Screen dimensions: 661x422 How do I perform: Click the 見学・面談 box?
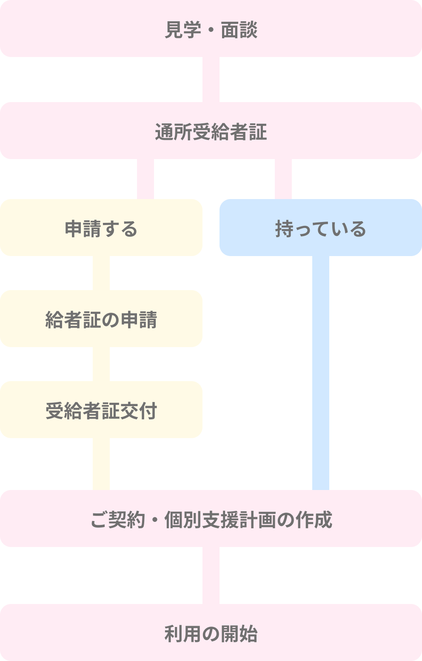211,28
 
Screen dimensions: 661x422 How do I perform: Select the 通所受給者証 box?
211,131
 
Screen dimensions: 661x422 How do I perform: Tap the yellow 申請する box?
101,228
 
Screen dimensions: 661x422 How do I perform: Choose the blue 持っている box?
321,228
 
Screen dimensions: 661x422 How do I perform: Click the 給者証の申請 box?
101,319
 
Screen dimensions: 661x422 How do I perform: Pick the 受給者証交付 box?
101,410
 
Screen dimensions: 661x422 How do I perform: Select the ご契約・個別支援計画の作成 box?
211,519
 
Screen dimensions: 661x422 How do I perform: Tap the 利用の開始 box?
211,633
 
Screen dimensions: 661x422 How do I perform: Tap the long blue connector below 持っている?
321,373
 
